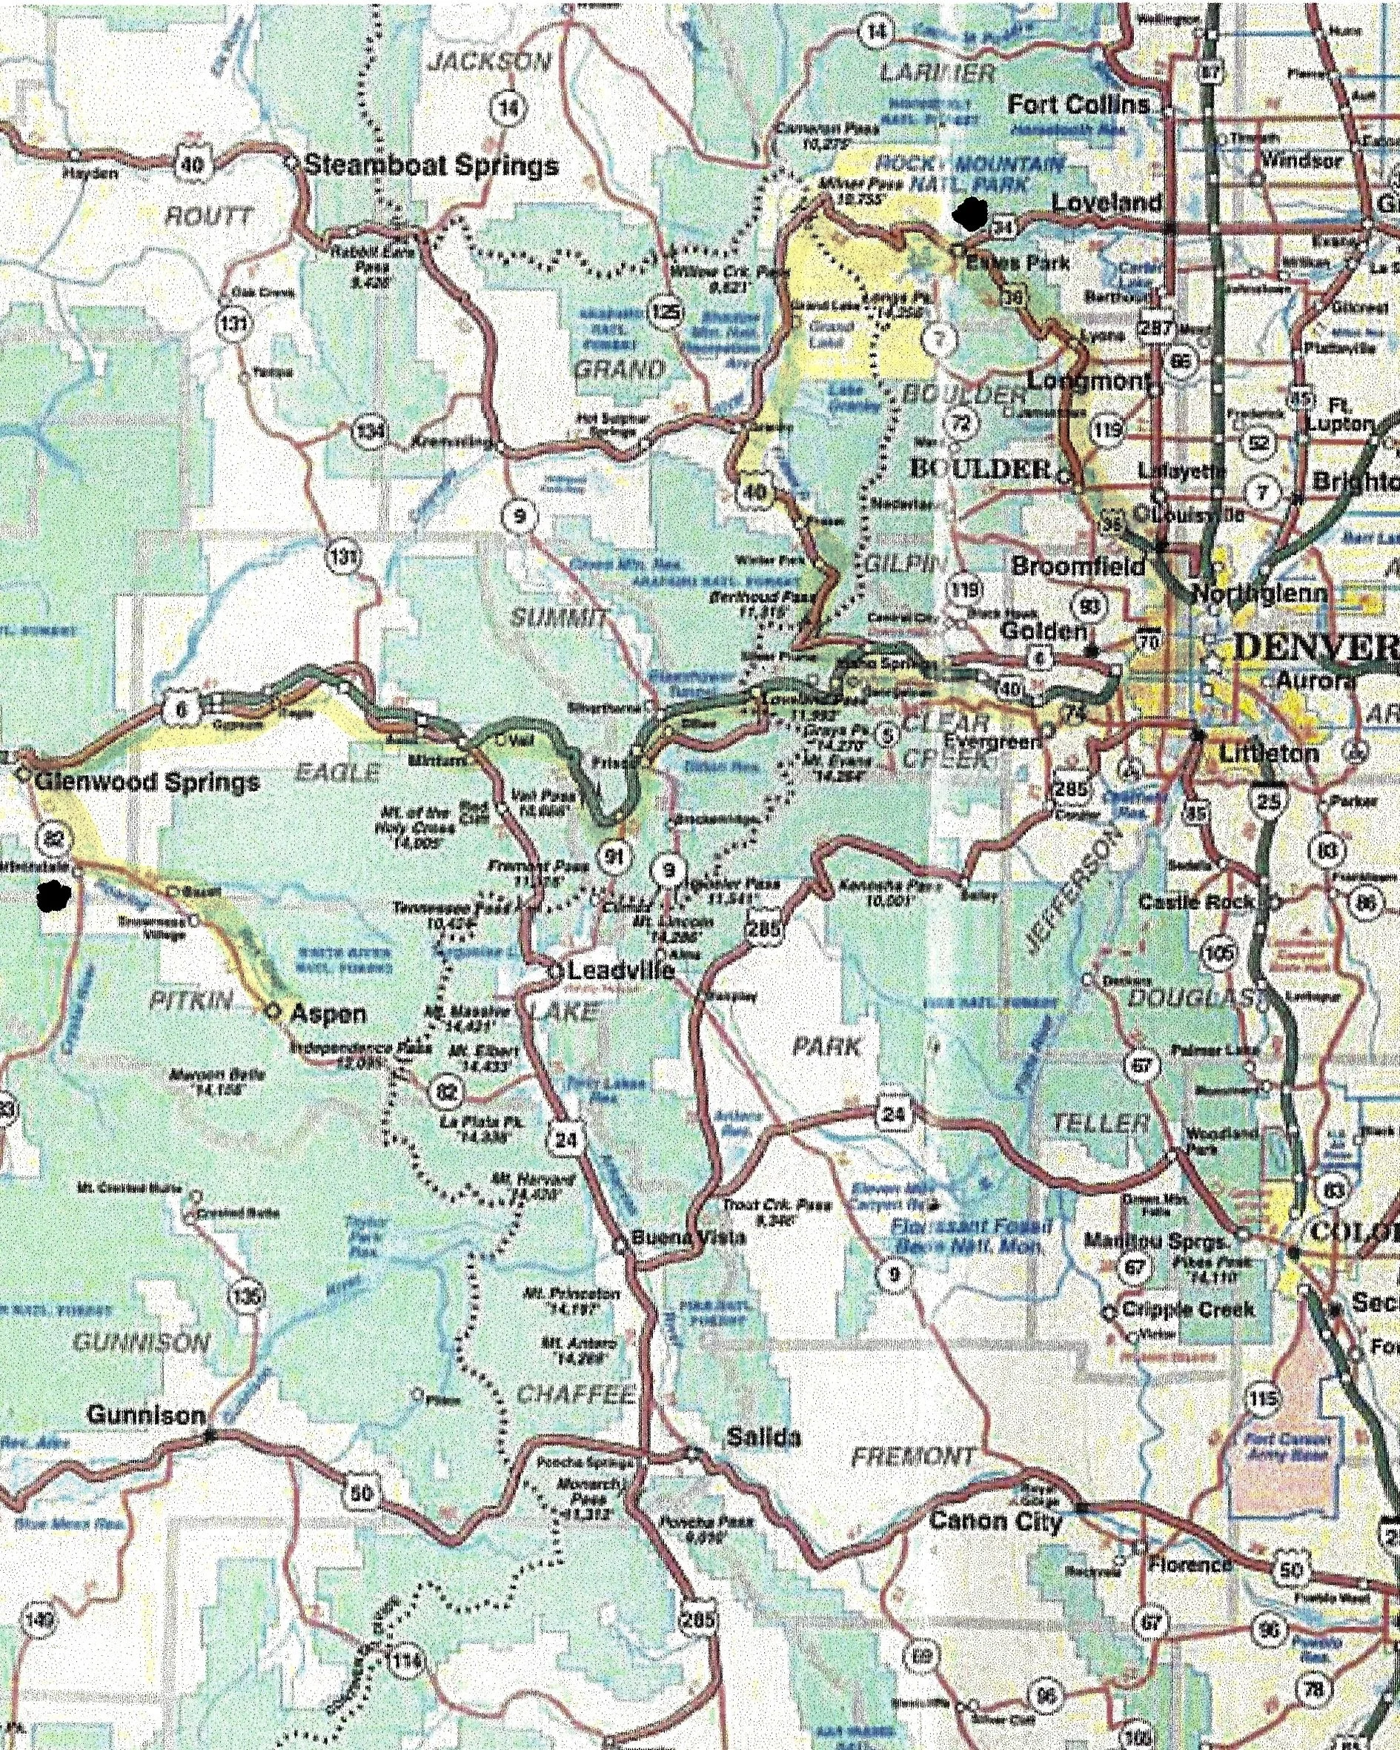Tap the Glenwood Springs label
147,783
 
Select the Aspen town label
328,1013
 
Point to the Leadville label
621,970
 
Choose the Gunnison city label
146,1415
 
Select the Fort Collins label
1078,105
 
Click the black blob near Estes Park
971,213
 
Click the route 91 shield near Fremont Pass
614,857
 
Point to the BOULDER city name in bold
980,468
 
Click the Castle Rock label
1196,902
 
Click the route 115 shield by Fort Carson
1263,1398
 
